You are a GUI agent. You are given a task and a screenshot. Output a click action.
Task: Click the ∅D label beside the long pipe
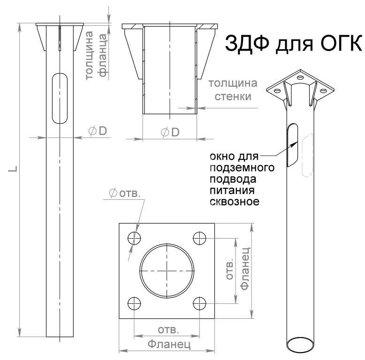click(x=98, y=132)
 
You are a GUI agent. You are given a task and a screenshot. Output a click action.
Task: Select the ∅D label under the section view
click(x=169, y=133)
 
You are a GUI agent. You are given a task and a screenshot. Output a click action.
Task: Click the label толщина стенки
click(x=233, y=90)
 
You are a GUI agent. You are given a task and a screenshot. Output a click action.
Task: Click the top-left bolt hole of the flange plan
click(x=135, y=238)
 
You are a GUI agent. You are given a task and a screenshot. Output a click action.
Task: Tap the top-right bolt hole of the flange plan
click(x=199, y=238)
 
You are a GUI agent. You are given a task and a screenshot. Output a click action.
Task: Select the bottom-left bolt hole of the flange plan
click(x=135, y=303)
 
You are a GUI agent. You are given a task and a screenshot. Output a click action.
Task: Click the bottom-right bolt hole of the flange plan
click(x=199, y=303)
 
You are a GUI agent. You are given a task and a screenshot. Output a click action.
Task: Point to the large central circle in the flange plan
click(x=167, y=270)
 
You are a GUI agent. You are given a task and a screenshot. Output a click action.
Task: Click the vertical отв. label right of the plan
click(x=229, y=270)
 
